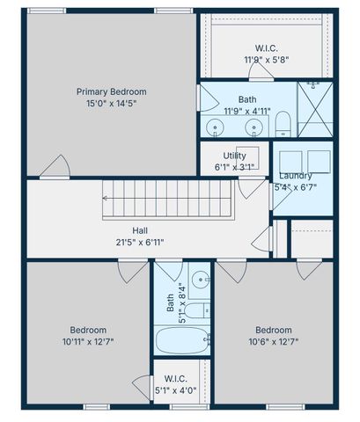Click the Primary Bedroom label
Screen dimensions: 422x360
tap(111, 91)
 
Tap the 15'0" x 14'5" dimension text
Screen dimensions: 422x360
tap(111, 103)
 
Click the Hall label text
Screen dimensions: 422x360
tap(140, 229)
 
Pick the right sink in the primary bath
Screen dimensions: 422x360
tap(254, 128)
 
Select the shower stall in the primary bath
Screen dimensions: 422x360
tap(314, 109)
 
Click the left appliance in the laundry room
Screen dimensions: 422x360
tap(291, 162)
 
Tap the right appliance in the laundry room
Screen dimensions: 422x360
tap(319, 162)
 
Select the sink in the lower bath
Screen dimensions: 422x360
tap(200, 281)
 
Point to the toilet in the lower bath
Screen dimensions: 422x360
tap(198, 310)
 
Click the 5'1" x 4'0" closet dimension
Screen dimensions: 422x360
tap(181, 391)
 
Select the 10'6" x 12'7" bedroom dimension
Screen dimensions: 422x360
tap(275, 340)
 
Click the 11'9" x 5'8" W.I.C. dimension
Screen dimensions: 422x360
tap(266, 60)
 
